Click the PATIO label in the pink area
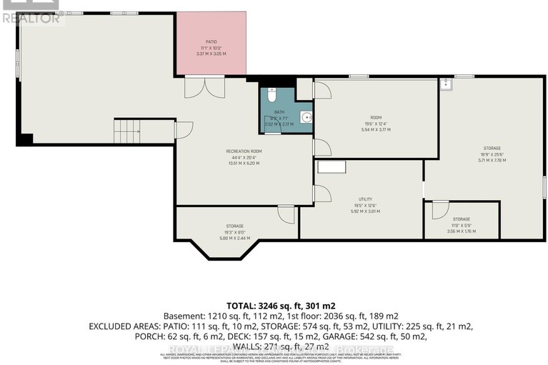(x=211, y=42)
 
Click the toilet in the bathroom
(x=271, y=95)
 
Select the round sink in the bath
(x=306, y=118)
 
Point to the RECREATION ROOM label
(x=244, y=151)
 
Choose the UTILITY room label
(x=365, y=199)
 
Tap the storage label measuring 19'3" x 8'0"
(x=234, y=226)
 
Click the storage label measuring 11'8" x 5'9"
(x=461, y=219)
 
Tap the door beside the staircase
(x=183, y=131)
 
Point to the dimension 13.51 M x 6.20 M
(x=244, y=163)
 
